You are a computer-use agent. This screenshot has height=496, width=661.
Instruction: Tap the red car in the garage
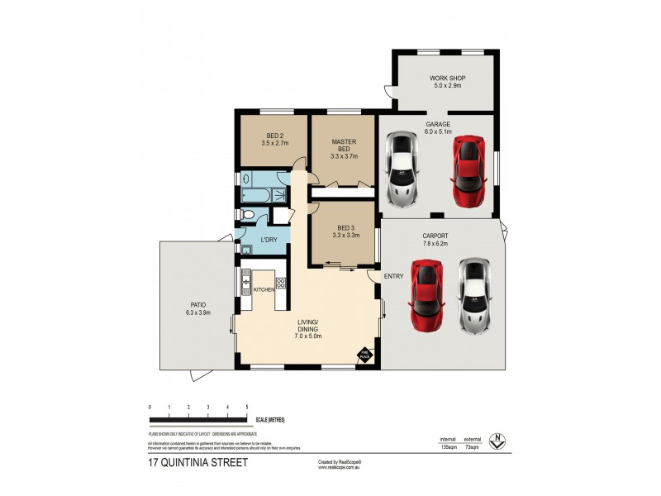[x=468, y=171]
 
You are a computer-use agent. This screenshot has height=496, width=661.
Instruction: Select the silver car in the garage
[x=404, y=168]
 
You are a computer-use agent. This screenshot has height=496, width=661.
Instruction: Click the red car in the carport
[x=427, y=295]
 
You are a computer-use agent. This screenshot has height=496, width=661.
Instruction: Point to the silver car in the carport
[x=474, y=295]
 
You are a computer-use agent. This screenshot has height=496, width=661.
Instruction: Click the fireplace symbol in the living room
[x=364, y=355]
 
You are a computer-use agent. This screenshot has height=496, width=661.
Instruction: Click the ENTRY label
[x=393, y=276]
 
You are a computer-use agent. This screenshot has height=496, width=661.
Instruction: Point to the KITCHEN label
[x=264, y=289]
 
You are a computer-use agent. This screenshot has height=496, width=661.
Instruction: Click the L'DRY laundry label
[x=269, y=240]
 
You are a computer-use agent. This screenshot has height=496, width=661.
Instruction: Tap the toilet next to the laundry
[x=248, y=215]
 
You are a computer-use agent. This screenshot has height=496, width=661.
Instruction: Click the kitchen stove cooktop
[x=280, y=283]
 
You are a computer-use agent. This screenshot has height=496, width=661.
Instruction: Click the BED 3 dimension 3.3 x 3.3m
[x=345, y=236]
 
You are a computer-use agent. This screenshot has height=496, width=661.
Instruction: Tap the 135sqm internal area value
[x=447, y=446]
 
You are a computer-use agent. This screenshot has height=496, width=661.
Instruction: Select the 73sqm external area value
[x=472, y=446]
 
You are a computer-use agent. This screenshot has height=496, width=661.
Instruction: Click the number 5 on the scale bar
[x=247, y=408]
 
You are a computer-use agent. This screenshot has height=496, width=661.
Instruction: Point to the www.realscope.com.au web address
[x=340, y=467]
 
